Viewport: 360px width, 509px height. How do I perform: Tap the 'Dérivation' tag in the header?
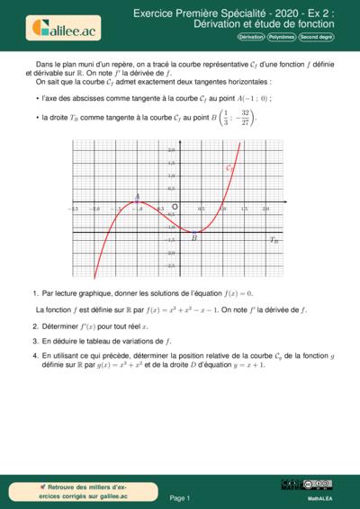pos(251,37)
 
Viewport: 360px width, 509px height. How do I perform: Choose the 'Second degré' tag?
pos(316,37)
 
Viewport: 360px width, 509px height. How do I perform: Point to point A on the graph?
pos(137,201)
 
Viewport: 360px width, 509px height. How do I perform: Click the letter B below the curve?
pos(194,238)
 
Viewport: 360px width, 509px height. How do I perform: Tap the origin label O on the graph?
pos(175,206)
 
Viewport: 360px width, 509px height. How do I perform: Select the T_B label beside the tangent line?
pos(274,240)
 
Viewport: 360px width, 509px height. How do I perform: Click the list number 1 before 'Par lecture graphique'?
pos(34,293)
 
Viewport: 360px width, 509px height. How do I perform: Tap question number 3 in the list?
pos(34,342)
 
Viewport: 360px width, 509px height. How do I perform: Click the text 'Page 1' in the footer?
pos(181,497)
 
